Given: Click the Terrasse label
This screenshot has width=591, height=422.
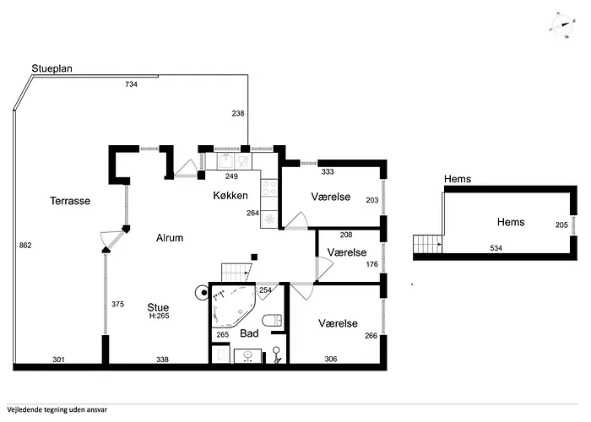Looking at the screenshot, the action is (70, 201).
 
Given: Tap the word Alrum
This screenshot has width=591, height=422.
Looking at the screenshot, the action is (170, 238).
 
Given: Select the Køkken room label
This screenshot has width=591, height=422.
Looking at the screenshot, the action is (230, 195).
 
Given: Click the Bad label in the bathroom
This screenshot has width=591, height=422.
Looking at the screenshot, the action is (249, 333).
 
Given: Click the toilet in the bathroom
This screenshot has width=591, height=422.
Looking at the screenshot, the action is (272, 320).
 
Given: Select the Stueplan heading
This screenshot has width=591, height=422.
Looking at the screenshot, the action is (52, 68).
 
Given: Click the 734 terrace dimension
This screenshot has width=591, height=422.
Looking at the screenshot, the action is (131, 84).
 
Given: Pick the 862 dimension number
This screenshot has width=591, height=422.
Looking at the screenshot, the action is (25, 246).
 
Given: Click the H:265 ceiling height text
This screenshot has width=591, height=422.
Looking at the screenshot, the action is (159, 316).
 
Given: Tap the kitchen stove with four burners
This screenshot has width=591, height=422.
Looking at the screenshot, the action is (269, 187).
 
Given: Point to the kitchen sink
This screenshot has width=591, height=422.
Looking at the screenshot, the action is (225, 162).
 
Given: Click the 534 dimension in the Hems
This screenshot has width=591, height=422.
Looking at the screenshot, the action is (496, 248).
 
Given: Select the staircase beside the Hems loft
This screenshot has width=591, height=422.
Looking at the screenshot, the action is (428, 244).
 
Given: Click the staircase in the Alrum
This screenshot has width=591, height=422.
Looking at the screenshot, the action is (236, 273).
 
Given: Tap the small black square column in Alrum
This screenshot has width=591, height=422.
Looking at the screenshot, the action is (254, 257).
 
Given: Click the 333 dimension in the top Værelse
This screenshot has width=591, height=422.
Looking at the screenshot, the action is (328, 172).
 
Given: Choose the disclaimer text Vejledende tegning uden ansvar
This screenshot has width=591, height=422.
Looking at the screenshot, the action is (57, 409).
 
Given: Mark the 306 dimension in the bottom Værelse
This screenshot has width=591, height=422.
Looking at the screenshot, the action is (331, 359).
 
